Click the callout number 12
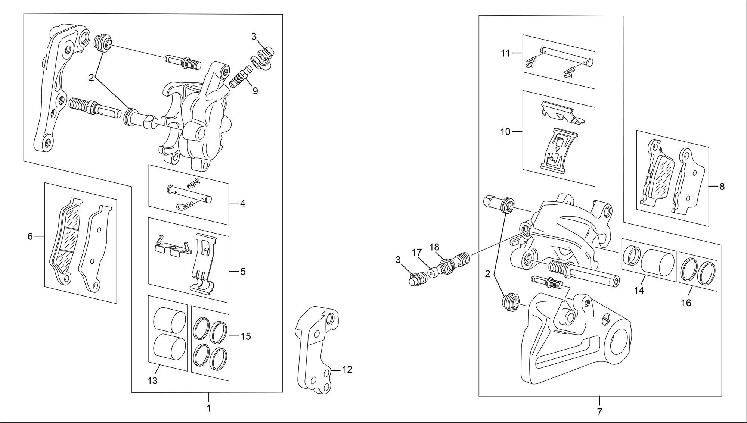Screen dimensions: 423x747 point(347,370)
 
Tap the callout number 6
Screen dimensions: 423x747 point(30,236)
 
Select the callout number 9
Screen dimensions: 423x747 point(255,91)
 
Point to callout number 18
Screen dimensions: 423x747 point(434,247)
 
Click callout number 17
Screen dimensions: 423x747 point(417,253)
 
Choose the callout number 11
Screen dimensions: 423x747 point(505,53)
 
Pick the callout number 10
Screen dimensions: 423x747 point(505,132)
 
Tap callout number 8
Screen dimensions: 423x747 point(722,187)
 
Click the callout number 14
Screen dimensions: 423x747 point(639,291)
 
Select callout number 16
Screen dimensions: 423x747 point(686,303)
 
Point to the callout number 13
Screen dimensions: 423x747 point(153,381)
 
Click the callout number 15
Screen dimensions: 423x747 point(245,336)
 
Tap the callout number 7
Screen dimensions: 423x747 point(599,412)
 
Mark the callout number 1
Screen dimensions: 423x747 point(209,408)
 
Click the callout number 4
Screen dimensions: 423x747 point(243,204)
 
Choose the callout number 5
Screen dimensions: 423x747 point(243,272)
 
